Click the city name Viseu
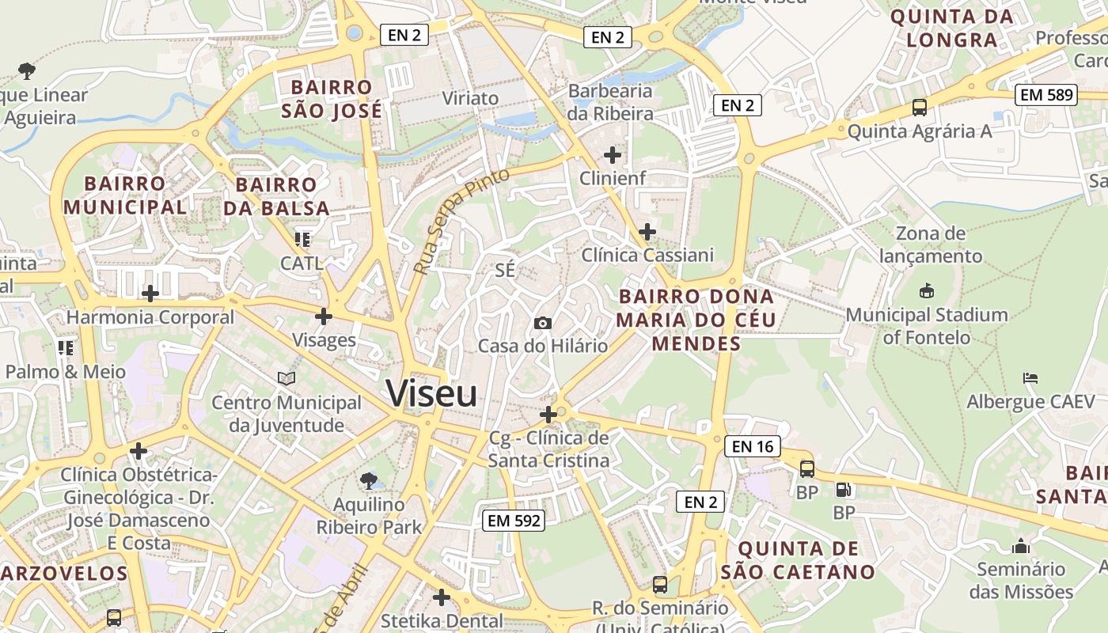(431, 393)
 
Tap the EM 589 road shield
(1047, 95)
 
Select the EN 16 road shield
(752, 446)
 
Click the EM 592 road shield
(514, 520)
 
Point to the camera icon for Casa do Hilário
(543, 323)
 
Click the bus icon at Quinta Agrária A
(919, 108)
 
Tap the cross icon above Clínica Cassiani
(647, 232)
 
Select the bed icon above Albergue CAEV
(1030, 378)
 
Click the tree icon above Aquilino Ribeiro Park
(368, 480)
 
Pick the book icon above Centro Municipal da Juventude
(286, 379)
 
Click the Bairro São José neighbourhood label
(332, 99)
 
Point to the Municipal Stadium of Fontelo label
(927, 326)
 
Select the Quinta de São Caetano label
(798, 560)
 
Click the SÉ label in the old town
(505, 270)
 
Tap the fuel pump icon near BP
(844, 491)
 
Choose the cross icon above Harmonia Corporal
(150, 294)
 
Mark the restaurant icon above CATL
(302, 238)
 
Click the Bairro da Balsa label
(276, 196)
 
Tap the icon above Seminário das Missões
(1021, 546)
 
